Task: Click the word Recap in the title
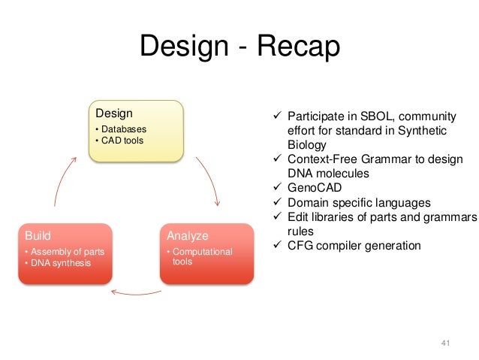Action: click(x=298, y=47)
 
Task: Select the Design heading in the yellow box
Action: click(x=113, y=113)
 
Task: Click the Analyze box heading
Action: click(x=187, y=235)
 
